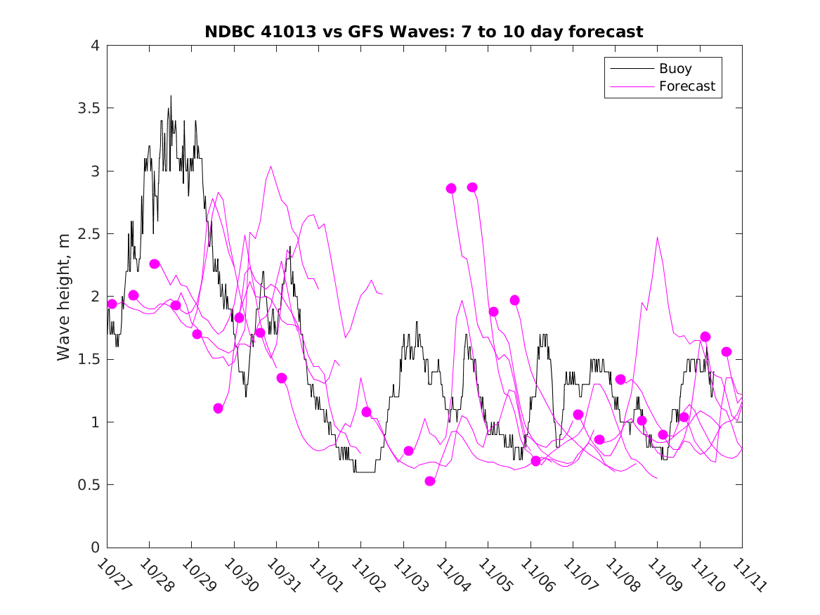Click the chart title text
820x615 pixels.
424,32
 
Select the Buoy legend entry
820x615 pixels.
675,69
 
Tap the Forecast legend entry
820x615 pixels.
686,86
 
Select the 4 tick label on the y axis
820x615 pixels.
94,46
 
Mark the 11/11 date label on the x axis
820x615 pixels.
746,575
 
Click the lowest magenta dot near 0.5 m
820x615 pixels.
430,481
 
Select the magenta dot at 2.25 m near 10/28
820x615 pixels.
155,264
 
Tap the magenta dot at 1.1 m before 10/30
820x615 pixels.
218,408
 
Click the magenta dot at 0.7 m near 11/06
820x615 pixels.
535,461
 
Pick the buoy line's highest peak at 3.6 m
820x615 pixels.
170,96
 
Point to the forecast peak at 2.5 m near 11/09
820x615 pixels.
658,238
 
